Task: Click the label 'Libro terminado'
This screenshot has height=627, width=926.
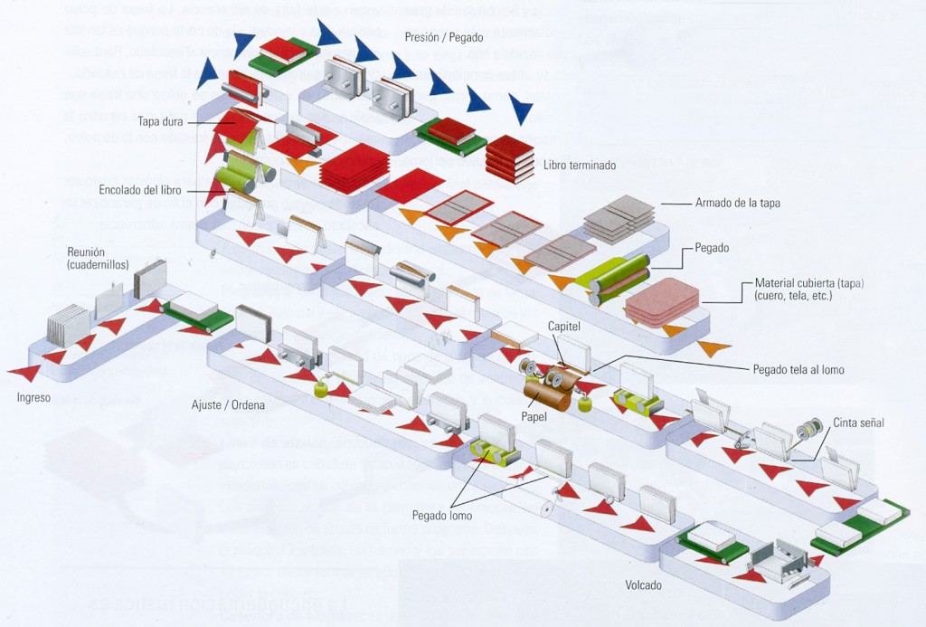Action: coord(580,166)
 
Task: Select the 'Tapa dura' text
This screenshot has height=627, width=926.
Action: coord(161,120)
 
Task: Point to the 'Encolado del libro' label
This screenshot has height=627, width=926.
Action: coord(140,190)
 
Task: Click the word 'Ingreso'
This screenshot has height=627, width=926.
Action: coord(34,397)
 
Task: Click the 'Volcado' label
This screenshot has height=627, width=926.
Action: coord(643,585)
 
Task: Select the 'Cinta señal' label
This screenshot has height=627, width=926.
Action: coord(858,423)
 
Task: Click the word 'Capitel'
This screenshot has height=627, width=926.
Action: coord(564,326)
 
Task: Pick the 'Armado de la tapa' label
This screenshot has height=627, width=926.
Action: coord(737,203)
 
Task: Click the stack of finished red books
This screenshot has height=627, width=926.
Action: coord(510,159)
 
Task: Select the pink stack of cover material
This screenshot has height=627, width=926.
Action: coord(663,301)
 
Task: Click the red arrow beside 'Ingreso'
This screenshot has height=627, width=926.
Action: coord(24,372)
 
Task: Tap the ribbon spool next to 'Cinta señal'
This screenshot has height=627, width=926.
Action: coord(811,428)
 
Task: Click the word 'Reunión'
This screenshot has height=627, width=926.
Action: coord(86,252)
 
